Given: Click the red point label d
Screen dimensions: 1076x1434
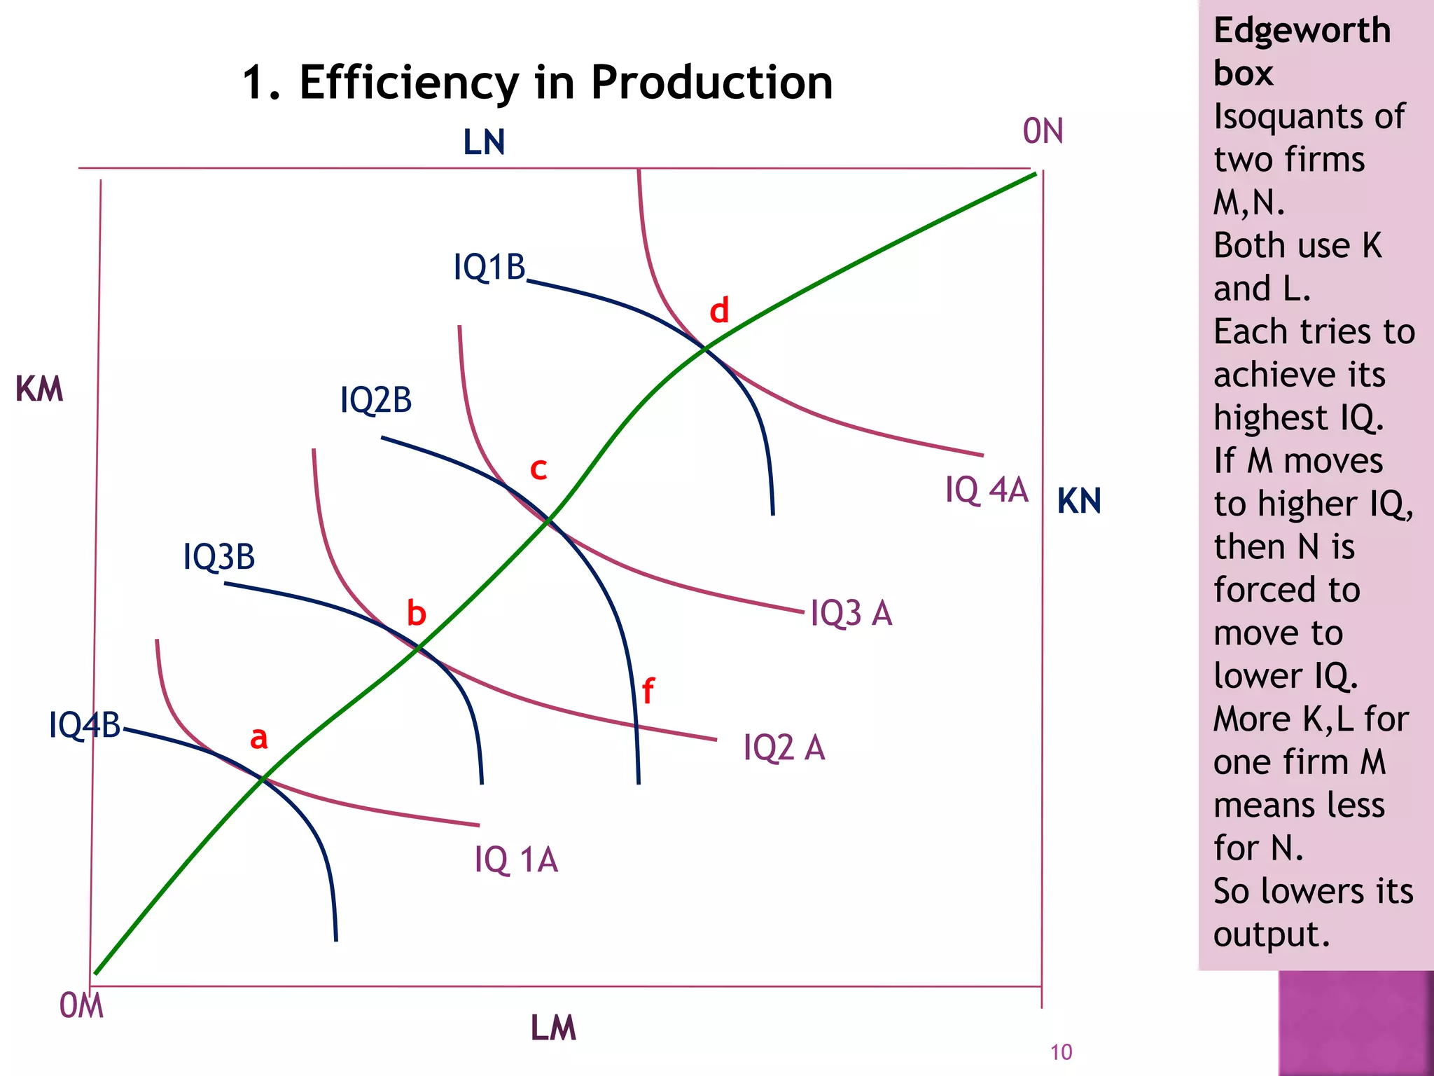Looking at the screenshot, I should click(719, 310).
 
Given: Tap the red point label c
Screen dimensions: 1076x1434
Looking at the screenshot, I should click(538, 469).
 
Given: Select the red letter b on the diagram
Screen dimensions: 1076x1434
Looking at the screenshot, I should click(416, 613).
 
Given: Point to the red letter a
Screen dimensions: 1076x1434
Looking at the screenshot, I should click(259, 738).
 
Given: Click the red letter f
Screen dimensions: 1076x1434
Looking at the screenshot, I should click(648, 691).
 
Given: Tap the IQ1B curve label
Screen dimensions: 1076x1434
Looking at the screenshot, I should click(489, 267).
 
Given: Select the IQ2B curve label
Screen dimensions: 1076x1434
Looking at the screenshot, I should click(375, 400).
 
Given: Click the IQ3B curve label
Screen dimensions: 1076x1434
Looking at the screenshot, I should click(218, 557).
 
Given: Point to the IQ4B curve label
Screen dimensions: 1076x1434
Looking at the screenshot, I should click(85, 725).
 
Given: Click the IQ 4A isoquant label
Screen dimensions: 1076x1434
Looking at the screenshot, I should click(986, 490).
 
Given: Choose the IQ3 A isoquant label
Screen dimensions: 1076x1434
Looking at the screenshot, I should click(851, 613).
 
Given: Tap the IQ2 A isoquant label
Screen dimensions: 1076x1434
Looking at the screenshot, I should click(784, 747).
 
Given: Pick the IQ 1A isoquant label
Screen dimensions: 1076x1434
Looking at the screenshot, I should click(516, 860).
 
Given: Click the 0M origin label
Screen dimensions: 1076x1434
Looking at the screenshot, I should click(81, 1006).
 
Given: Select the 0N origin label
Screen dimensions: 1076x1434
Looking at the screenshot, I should click(1043, 131).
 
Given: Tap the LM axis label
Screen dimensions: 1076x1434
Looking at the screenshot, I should click(552, 1028).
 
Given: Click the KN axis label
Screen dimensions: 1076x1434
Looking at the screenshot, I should click(1078, 501).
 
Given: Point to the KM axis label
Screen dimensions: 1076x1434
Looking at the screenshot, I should click(39, 389).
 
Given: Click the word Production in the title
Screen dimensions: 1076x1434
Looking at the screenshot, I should click(711, 82).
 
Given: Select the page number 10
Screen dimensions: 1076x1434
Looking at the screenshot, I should click(1061, 1052).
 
